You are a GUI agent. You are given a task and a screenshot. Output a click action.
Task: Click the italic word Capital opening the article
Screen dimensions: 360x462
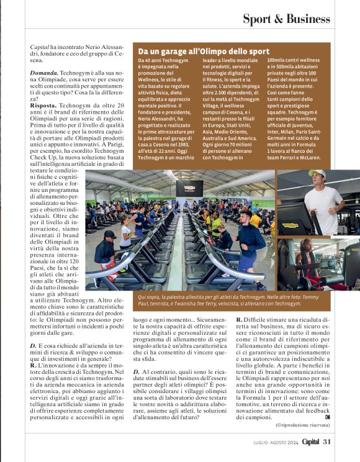click(40, 47)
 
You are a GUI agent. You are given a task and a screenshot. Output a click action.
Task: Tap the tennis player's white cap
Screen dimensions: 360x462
click(318, 174)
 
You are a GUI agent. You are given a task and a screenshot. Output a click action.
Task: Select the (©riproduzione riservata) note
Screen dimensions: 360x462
click(301, 424)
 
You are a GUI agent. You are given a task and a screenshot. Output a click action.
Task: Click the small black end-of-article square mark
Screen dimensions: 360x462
click(327, 417)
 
